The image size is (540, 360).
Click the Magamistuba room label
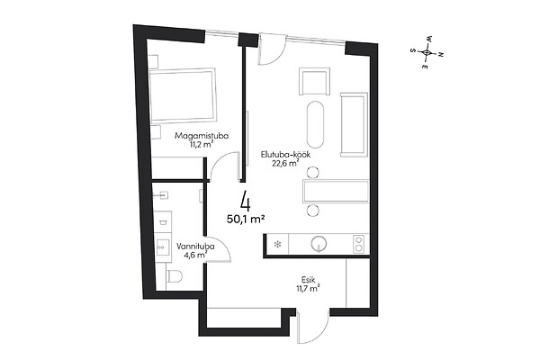click(202, 136)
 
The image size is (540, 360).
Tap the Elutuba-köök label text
click(285, 155)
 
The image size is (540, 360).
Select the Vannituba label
click(195, 247)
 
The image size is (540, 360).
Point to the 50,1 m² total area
click(246, 219)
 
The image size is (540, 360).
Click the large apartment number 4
click(246, 201)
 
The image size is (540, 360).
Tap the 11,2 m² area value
click(202, 144)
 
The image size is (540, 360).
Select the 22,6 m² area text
click(285, 163)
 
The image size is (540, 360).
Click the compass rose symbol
click(427, 52)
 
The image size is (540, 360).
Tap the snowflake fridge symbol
click(276, 245)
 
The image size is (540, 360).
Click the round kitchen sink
click(319, 244)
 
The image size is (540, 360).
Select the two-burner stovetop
click(358, 244)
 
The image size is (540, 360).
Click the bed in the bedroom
click(183, 94)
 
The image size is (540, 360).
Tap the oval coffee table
click(316, 124)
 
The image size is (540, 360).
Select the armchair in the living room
click(314, 81)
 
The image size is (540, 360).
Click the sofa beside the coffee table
click(354, 124)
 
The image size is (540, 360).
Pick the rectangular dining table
click(336, 191)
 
